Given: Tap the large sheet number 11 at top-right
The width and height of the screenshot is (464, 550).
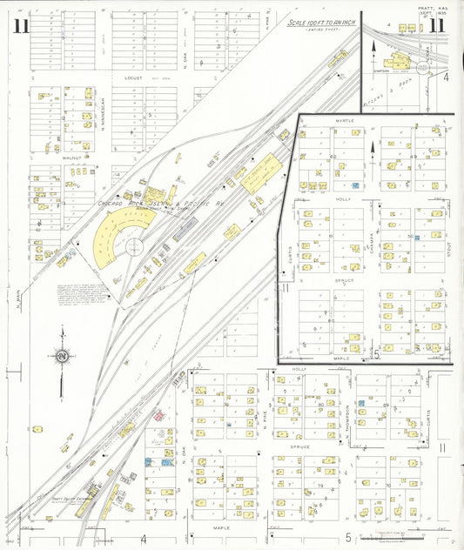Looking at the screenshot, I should click(x=440, y=25).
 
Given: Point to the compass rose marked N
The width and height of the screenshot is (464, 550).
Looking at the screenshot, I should click(x=62, y=356).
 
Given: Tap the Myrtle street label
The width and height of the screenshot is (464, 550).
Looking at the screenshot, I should click(x=333, y=121).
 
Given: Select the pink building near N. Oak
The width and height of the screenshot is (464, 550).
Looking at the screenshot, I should click(x=159, y=415).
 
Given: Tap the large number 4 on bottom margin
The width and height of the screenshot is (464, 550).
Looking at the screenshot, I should click(x=143, y=540).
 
